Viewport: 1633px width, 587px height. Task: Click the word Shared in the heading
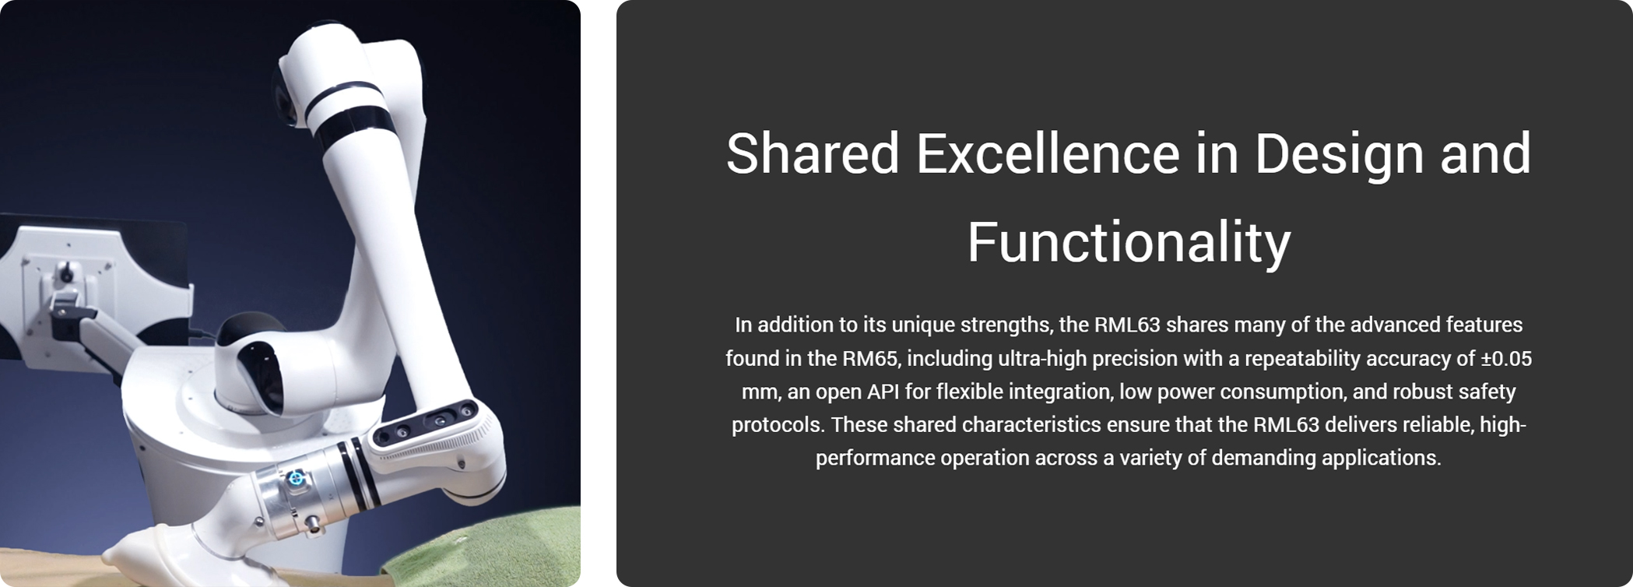click(x=813, y=153)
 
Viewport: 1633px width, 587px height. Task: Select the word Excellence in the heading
click(x=1048, y=153)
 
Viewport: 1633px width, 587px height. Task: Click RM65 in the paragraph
click(x=869, y=359)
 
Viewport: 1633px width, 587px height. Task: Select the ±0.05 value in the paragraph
click(x=1506, y=359)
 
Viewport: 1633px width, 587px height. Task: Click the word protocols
click(x=778, y=426)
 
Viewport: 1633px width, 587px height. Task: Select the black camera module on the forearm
click(x=425, y=423)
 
